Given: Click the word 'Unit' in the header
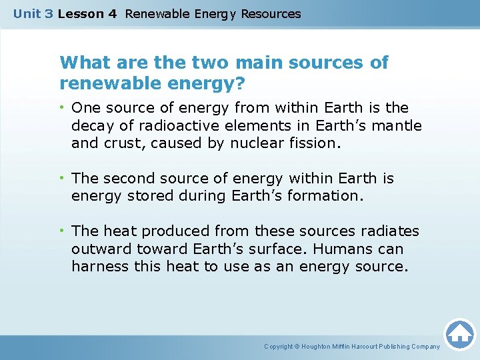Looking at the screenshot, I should pos(27,13).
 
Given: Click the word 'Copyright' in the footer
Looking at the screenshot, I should pos(278,347).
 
